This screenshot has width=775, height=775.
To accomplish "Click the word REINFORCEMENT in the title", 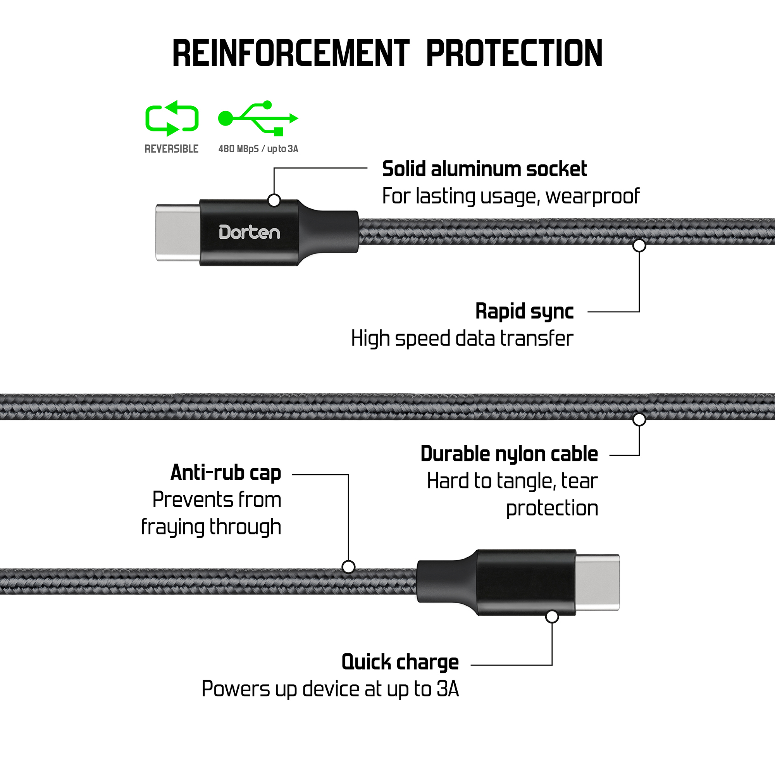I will point(291,53).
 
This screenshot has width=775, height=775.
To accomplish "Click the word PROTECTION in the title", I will point(514,53).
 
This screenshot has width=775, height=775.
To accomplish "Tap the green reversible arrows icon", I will point(172,118).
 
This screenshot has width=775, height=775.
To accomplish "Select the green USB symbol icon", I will point(258,118).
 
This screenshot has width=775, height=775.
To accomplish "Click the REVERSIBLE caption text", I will point(171,149).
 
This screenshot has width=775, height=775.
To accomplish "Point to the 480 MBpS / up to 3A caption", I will point(258,149).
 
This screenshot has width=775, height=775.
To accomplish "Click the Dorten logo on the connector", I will point(249,232).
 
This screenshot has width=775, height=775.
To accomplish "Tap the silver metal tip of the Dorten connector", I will point(178,232).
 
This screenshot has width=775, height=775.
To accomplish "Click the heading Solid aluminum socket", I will point(484,169).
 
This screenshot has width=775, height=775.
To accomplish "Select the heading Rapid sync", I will point(524,311).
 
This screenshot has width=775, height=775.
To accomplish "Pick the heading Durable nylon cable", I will point(509,454).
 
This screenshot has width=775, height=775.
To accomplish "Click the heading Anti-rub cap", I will point(226,472).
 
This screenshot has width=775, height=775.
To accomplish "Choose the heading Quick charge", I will point(400,662).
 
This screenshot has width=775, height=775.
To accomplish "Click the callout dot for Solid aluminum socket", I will point(274,200).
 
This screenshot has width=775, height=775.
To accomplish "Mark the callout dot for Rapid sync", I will point(639,246).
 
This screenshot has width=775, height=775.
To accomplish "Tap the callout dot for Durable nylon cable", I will point(639,420).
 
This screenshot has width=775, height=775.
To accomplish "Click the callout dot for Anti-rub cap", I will point(348,567).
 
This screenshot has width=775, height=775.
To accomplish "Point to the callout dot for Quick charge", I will point(552,617).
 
